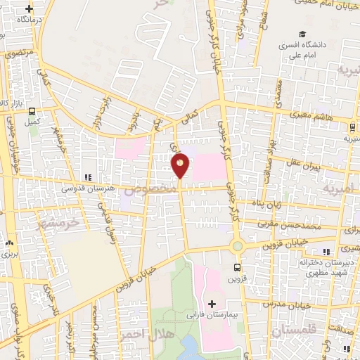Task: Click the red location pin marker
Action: point(180,165)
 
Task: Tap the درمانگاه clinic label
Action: point(31,20)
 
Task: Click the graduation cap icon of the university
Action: point(302,34)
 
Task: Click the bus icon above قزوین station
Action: point(236,267)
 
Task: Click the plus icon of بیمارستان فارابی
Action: point(212,303)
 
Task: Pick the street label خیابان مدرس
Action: point(285,304)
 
